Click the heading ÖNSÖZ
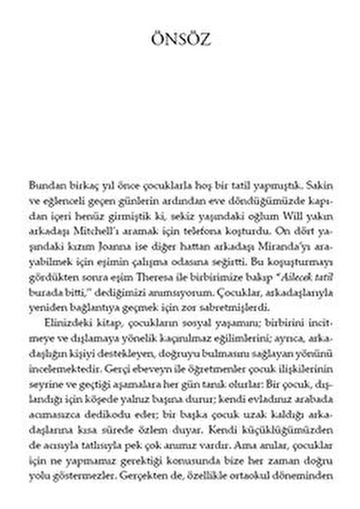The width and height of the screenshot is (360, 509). (x=180, y=41)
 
